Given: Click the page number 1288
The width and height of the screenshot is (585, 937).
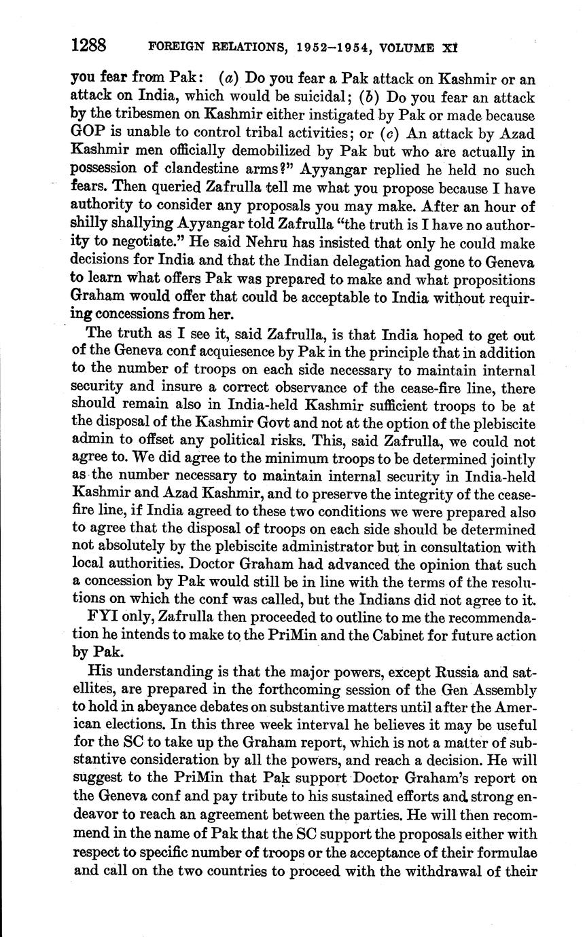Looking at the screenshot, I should pyautogui.click(x=88, y=45).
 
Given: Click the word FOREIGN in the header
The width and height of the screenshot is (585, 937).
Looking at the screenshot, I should pyautogui.click(x=172, y=47).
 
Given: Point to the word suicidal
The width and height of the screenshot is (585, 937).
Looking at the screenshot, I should pyautogui.click(x=308, y=97).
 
